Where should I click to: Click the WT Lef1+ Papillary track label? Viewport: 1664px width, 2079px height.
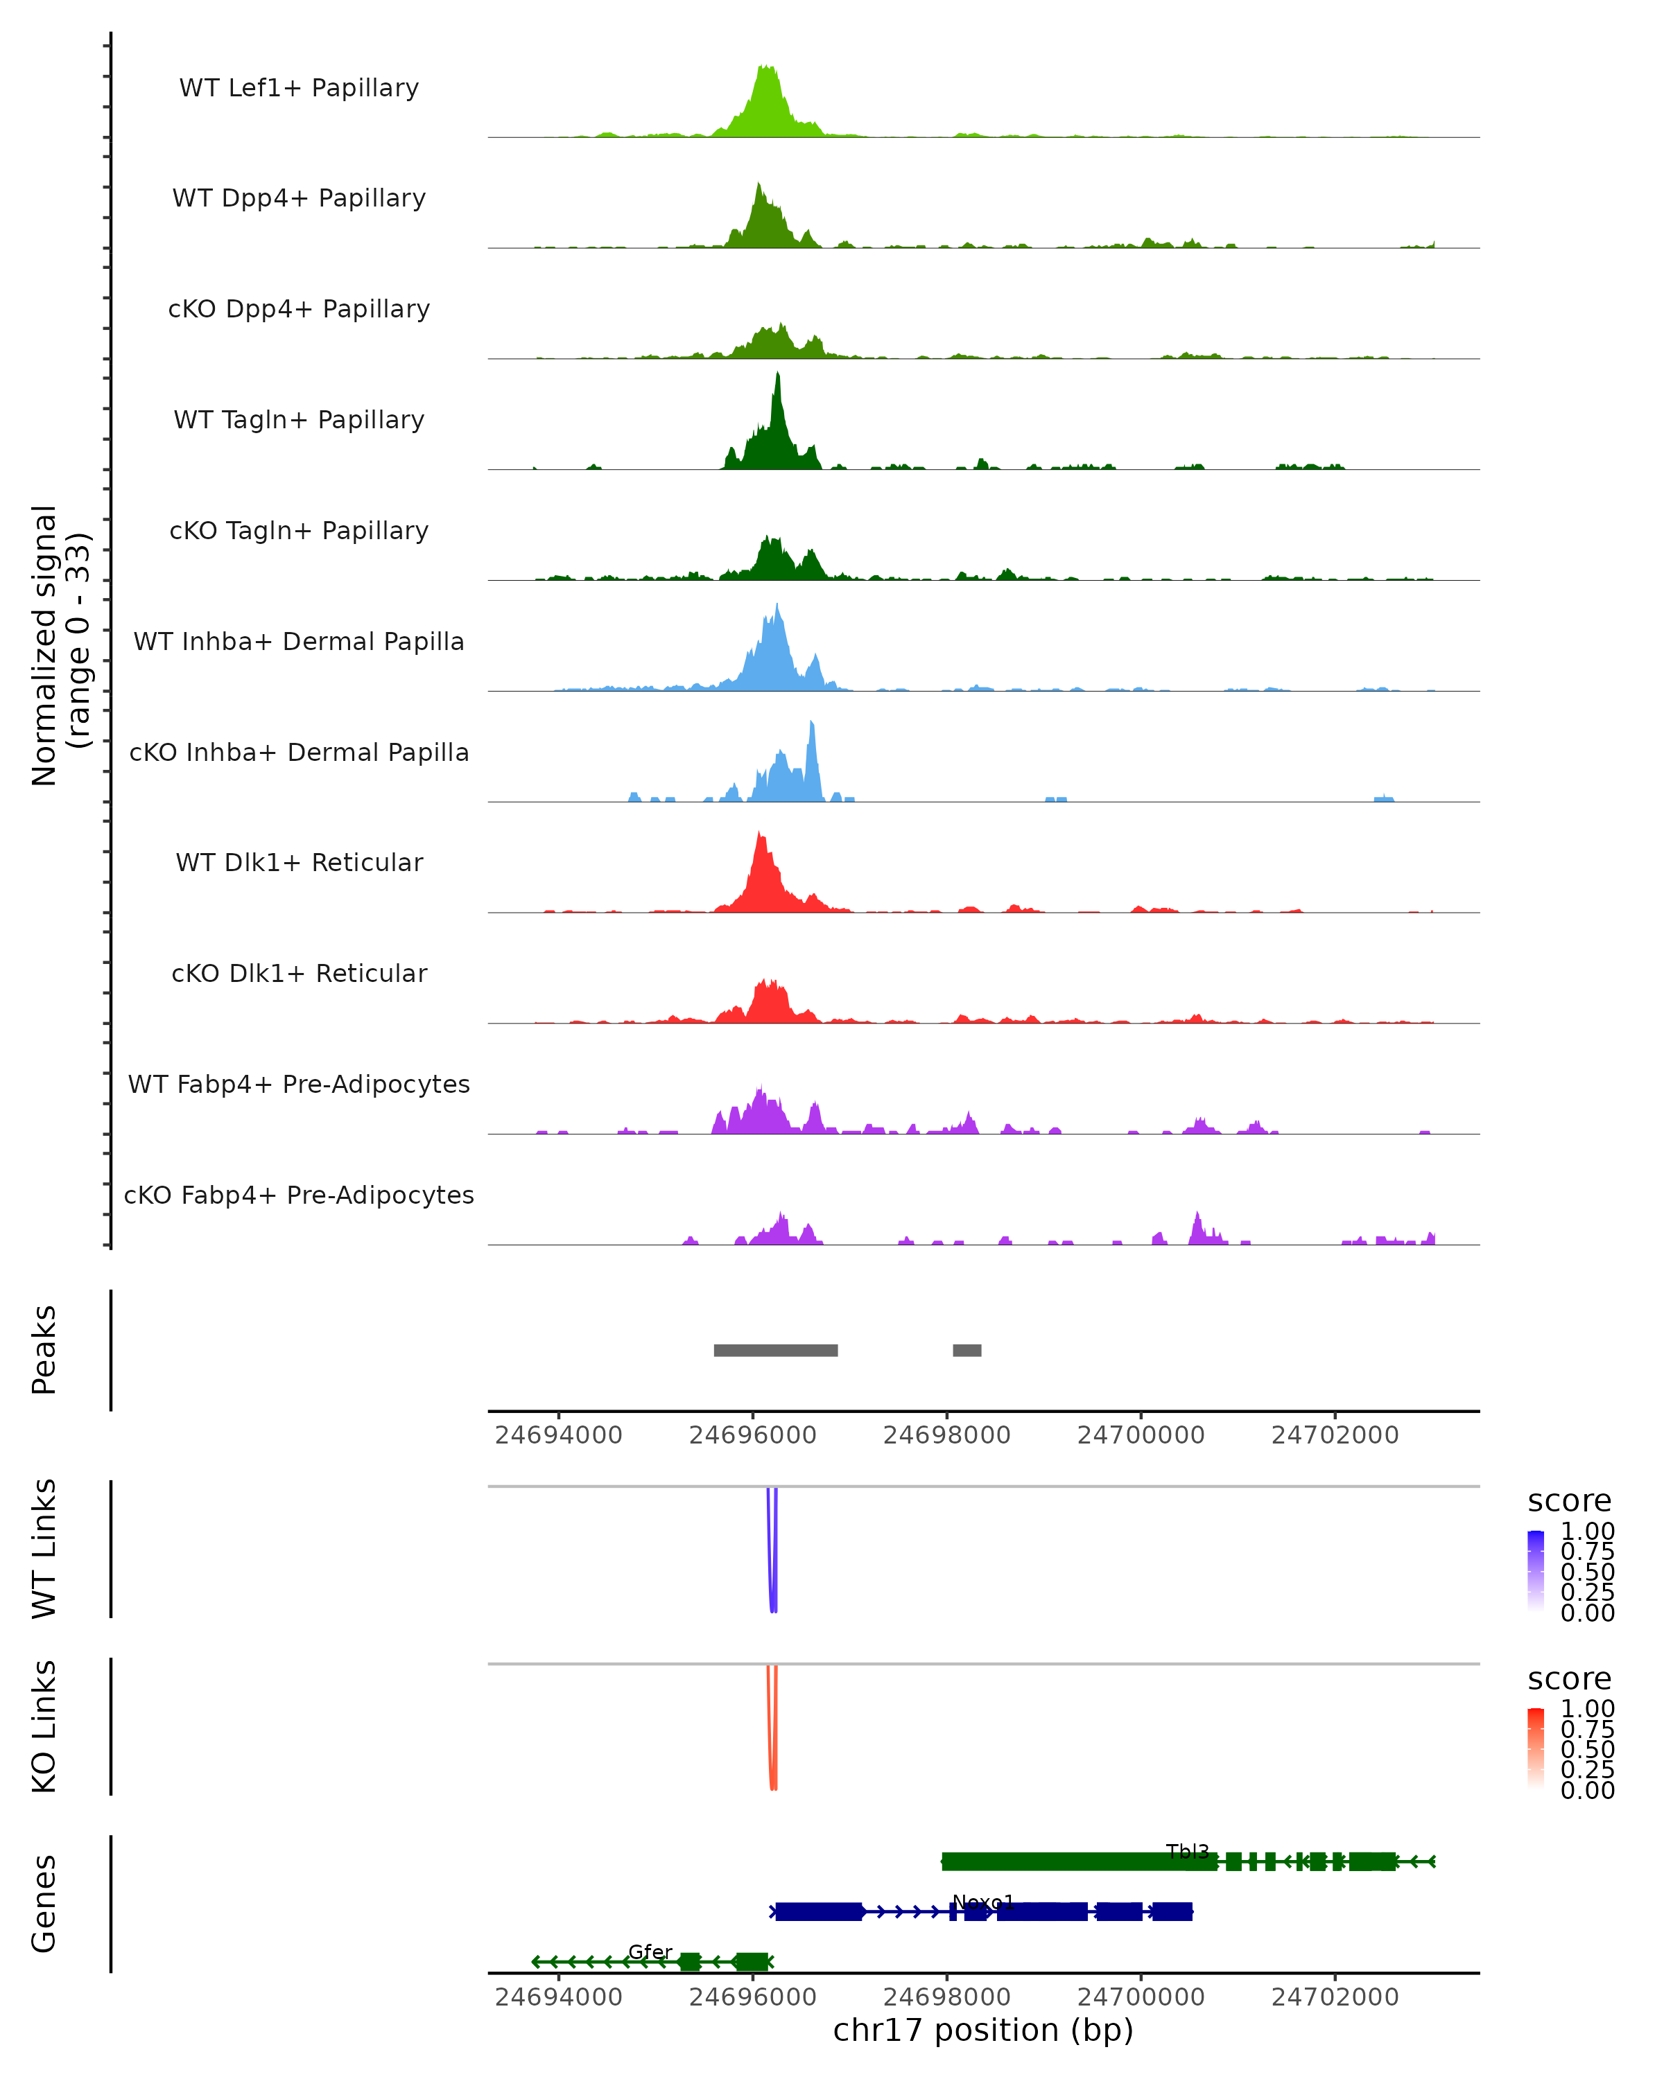click(299, 88)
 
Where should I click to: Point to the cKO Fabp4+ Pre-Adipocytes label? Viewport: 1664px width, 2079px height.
click(299, 1195)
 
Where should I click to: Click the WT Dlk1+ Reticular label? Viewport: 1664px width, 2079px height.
click(299, 863)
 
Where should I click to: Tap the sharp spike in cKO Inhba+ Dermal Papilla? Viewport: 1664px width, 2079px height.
click(812, 724)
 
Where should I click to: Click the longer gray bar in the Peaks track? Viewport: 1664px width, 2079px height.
click(776, 1350)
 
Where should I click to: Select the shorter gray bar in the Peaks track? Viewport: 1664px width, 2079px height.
click(967, 1350)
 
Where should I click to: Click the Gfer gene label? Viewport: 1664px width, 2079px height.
click(650, 1951)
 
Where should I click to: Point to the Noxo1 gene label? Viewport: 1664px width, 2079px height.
click(983, 1902)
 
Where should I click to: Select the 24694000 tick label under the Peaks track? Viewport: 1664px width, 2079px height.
click(559, 1435)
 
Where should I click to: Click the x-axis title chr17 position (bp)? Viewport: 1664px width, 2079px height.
click(983, 2030)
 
